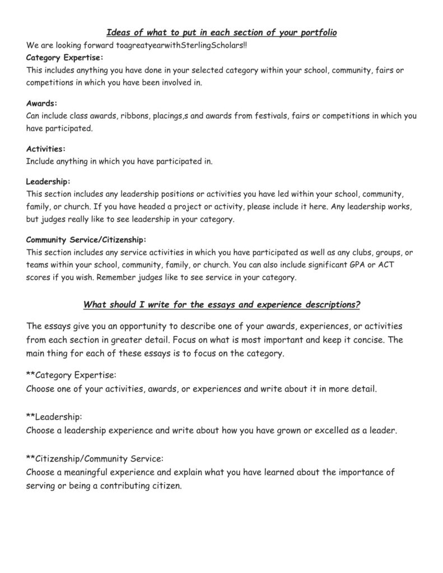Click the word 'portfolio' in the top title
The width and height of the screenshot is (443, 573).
(317, 33)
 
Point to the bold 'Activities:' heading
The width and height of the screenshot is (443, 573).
(46, 149)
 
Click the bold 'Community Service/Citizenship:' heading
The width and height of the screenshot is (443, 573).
(86, 239)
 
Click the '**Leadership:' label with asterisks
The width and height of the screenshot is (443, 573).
(54, 417)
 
